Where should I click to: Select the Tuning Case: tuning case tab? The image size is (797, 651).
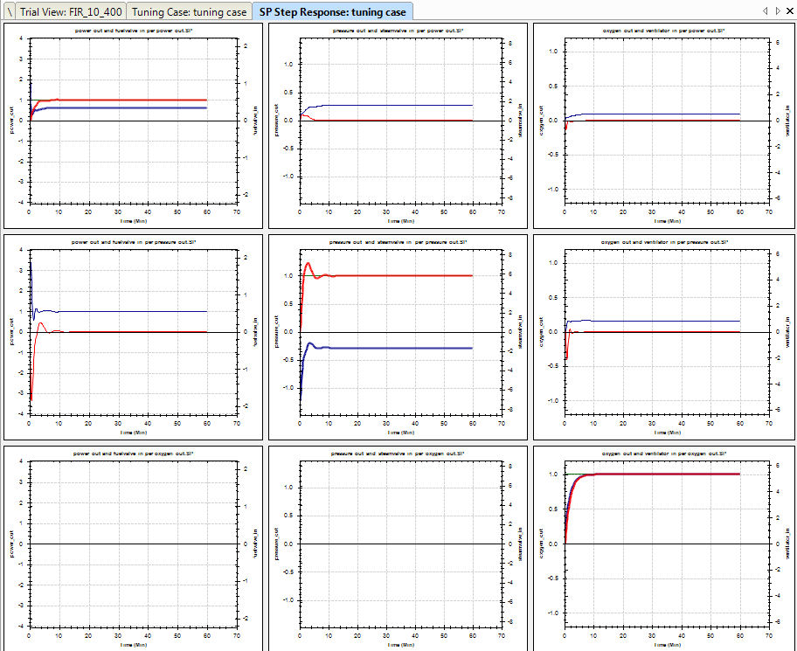click(x=189, y=11)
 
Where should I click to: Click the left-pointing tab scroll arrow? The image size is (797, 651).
click(x=766, y=11)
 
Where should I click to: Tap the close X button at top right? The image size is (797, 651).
click(x=788, y=11)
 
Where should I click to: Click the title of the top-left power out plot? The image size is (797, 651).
click(x=134, y=30)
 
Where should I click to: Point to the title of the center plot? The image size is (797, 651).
click(x=398, y=241)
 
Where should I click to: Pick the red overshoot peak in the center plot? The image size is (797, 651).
click(x=308, y=263)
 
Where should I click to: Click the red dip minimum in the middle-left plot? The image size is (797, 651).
click(x=31, y=400)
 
